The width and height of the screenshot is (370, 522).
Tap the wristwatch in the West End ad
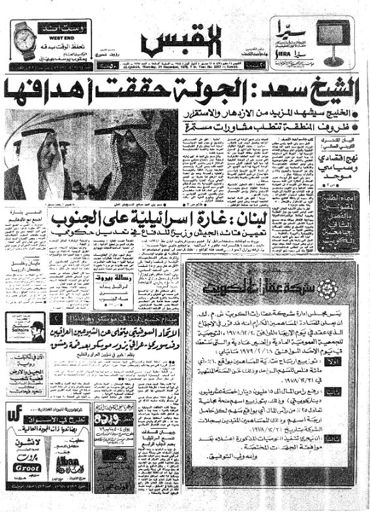pyautogui.click(x=23, y=39)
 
